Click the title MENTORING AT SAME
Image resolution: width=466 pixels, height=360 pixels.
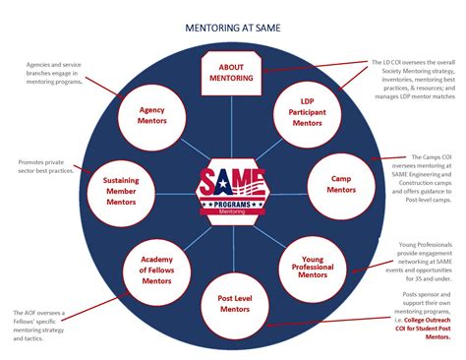232,29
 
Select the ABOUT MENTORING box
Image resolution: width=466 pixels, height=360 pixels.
232,72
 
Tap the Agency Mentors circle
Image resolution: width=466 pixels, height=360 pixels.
151,117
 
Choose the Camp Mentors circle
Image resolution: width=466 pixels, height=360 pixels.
341,183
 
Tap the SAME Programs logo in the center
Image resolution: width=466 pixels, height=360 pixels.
232,188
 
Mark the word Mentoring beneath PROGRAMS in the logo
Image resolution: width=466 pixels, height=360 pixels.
232,210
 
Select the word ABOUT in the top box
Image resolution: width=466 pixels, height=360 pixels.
232,66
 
